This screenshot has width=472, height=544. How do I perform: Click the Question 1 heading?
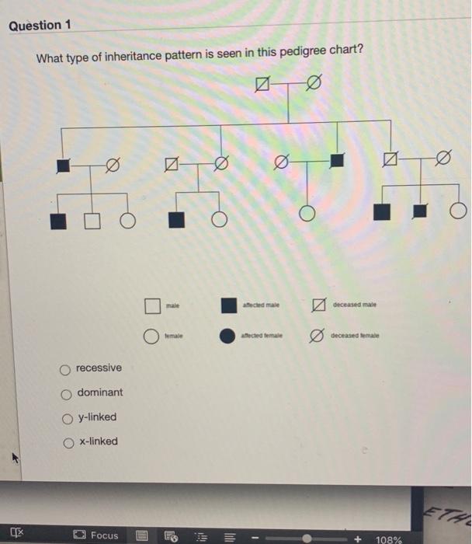point(40,26)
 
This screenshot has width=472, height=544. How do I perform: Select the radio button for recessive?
point(67,368)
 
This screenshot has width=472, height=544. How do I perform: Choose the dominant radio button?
point(67,393)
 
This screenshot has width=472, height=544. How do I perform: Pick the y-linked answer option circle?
point(67,418)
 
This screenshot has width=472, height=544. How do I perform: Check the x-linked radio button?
point(67,442)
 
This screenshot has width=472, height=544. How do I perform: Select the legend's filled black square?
point(228,305)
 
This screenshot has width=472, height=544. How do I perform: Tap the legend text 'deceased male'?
point(356,306)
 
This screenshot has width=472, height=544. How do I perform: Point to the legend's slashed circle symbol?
point(314,337)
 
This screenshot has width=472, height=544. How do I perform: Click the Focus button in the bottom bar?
point(97,535)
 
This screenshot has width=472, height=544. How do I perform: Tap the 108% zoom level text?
point(388,539)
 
